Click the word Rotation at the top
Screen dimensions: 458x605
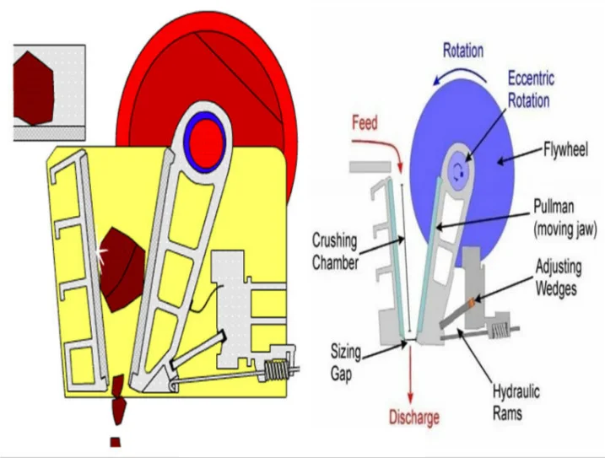(x=463, y=51)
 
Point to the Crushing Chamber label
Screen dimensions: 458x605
(x=334, y=249)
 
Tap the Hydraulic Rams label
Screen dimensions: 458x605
(x=516, y=402)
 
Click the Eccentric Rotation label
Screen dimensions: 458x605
(x=531, y=89)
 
